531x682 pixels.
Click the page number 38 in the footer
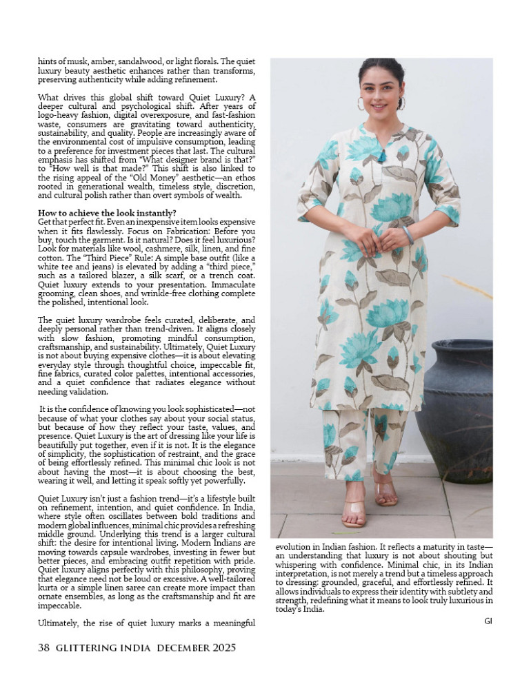[43, 648]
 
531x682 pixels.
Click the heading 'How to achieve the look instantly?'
[108, 212]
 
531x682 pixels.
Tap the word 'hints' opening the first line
[48, 61]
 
